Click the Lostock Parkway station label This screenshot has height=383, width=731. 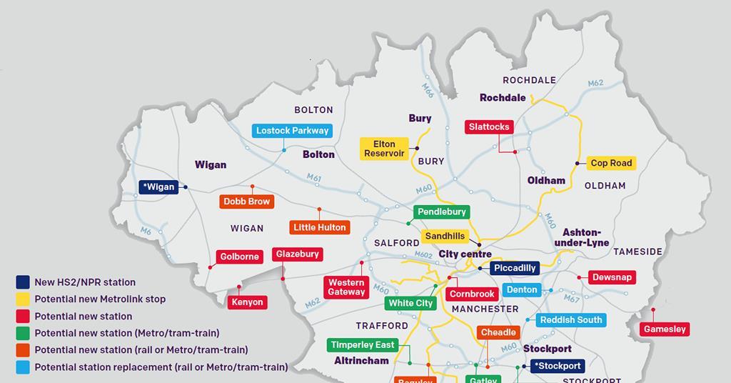coord(293,131)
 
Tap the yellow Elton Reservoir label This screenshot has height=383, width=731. coord(384,149)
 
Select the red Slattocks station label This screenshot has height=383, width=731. coord(489,127)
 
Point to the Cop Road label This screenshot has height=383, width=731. coord(611,163)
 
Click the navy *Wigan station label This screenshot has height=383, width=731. coord(158,187)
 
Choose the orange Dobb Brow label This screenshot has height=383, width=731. coord(247,202)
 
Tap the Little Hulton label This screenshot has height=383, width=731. coord(320,227)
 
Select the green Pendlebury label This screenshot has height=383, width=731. coord(441,212)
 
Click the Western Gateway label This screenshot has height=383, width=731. coord(346,287)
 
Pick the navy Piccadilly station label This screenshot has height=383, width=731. coord(514,268)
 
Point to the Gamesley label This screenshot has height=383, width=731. coord(665,329)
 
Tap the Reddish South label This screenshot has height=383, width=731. coord(570,320)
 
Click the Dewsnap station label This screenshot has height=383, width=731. coord(612,277)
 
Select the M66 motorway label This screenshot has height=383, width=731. coord(428,91)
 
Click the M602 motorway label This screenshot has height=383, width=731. coord(423,255)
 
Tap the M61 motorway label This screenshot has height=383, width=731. coord(314,178)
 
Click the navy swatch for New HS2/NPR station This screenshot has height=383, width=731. coord(23,282)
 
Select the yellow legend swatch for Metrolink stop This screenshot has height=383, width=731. coord(23,299)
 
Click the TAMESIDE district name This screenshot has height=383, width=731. coord(637,252)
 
